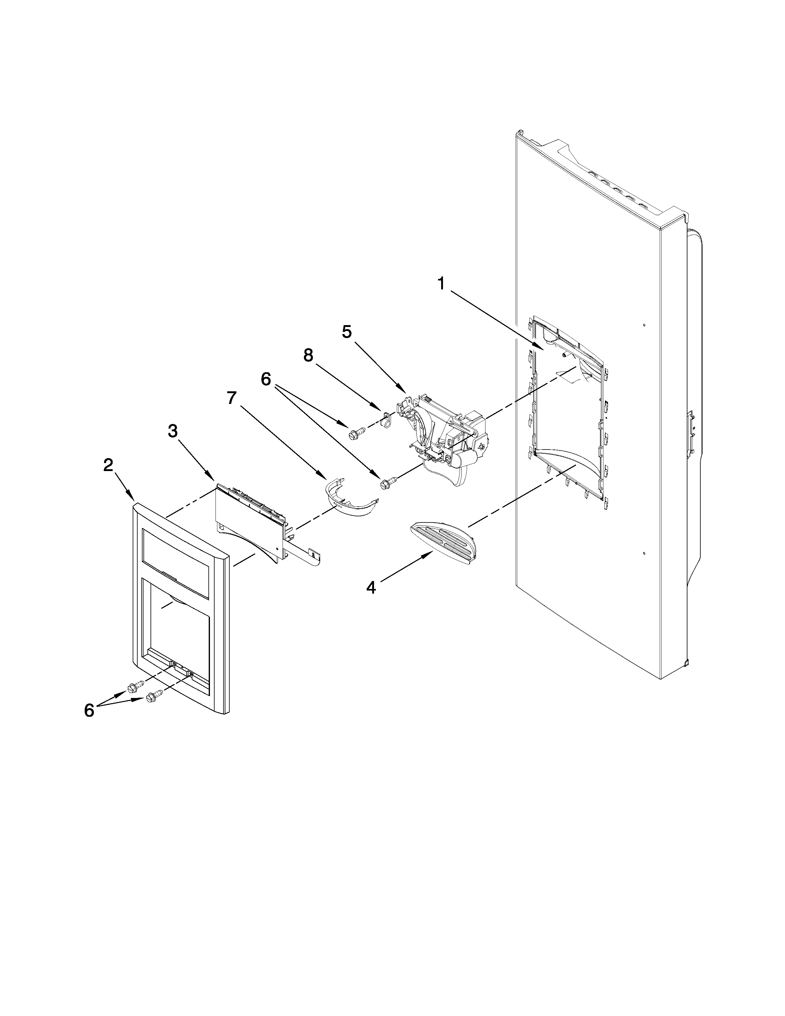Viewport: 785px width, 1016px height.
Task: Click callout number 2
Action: tap(108, 464)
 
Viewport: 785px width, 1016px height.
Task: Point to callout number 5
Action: tap(347, 332)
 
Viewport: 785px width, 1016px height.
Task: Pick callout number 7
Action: tap(231, 398)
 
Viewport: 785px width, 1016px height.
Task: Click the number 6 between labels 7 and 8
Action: tap(266, 379)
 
